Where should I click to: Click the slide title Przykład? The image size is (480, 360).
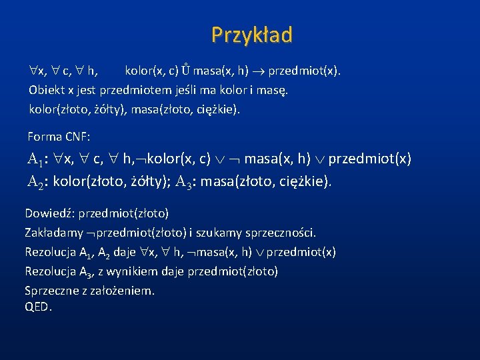click(251, 35)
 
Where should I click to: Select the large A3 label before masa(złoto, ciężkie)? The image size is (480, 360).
click(189, 182)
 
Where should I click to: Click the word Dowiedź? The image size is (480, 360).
click(49, 214)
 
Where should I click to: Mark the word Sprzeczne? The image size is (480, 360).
click(52, 291)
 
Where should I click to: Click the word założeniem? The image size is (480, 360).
click(125, 291)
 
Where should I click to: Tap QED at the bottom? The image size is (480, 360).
click(37, 307)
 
